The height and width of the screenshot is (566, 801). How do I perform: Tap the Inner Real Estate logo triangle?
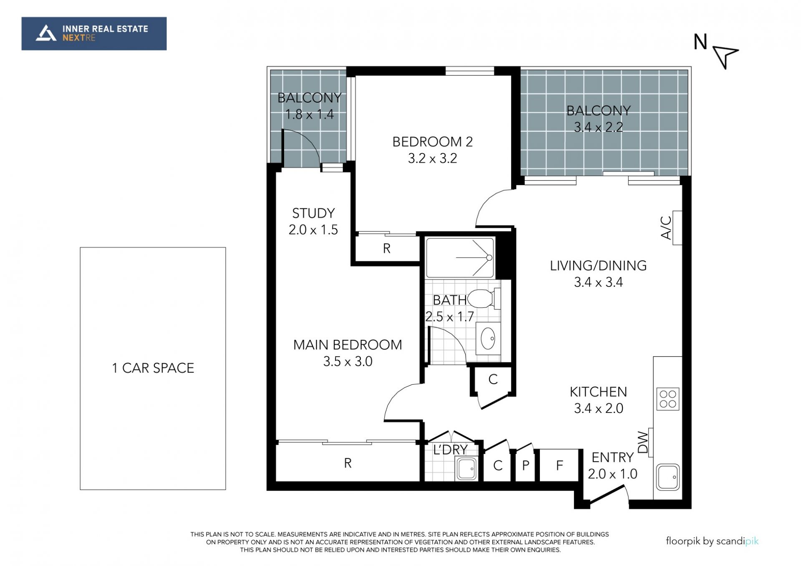tap(46, 33)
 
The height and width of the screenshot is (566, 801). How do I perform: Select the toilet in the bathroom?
tap(484, 299)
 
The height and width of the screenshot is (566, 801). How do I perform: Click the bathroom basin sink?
tap(488, 338)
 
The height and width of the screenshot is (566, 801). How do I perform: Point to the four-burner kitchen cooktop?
tap(667, 399)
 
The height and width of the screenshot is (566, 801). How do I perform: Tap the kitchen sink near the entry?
tap(667, 477)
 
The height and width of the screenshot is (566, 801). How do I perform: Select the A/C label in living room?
tap(666, 227)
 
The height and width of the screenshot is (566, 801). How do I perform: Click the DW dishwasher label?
tap(643, 442)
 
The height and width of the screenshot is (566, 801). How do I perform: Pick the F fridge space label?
tap(559, 465)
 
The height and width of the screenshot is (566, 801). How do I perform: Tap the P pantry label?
tap(526, 465)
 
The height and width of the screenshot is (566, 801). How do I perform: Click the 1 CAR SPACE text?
tap(153, 368)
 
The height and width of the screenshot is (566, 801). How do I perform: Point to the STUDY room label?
tap(313, 213)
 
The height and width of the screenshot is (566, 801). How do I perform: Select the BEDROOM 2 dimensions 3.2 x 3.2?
tap(433, 158)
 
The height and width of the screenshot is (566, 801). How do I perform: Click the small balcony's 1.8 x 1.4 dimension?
tap(310, 114)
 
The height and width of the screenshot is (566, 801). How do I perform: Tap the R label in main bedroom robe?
tap(348, 463)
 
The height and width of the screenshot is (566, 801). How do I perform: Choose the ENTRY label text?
tap(612, 458)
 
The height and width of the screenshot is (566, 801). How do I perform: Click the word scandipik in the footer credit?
tap(737, 541)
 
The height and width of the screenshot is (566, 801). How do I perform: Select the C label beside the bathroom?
tap(493, 379)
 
